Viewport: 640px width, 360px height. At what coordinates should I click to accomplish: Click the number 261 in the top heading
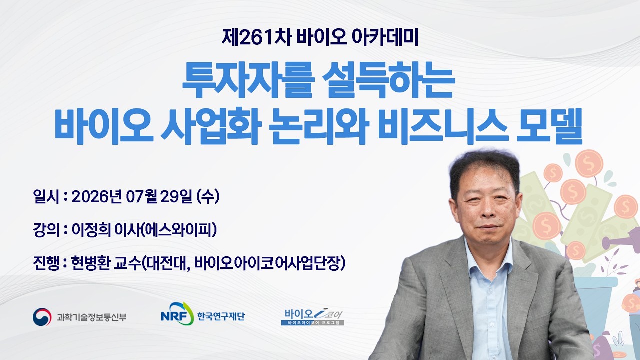coord(255,38)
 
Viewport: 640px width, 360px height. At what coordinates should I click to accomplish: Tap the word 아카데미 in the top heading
coord(385,38)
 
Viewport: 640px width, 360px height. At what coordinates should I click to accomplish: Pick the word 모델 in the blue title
coord(549,126)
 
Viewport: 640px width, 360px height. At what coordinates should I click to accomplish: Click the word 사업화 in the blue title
coord(211,126)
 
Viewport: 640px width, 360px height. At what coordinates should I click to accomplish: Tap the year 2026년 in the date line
coord(97,196)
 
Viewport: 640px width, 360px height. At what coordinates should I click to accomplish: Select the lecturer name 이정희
coord(91,230)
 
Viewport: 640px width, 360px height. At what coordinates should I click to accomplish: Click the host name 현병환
coord(91,263)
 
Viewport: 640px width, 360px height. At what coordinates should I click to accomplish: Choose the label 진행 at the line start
coord(46,263)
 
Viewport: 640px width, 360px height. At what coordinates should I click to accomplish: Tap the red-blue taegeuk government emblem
coord(42,317)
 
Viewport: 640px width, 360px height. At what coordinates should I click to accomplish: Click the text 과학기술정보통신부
coord(91,317)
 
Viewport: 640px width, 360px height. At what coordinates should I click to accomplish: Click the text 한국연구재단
coord(221,316)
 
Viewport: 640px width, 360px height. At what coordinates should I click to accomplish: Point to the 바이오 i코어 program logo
coord(313,317)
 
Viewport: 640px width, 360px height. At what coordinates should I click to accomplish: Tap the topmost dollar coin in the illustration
coord(589,163)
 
